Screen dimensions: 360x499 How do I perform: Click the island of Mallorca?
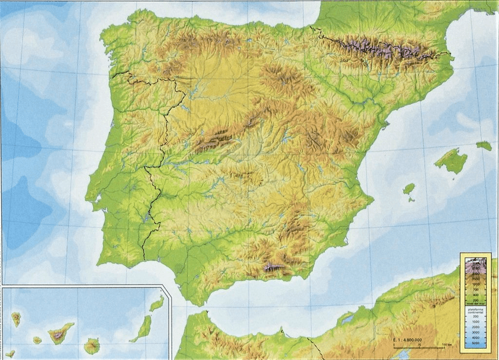(451, 160)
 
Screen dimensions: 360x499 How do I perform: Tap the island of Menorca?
(484, 145)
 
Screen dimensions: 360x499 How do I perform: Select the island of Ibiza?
(408, 189)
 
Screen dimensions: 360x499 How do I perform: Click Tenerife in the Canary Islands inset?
(61, 333)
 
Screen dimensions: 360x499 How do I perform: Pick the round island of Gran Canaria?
(92, 346)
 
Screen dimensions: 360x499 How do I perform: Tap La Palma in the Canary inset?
(16, 319)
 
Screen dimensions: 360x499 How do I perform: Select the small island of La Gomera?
(37, 340)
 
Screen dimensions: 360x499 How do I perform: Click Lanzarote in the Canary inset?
(157, 304)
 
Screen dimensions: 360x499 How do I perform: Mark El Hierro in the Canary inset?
(10, 354)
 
